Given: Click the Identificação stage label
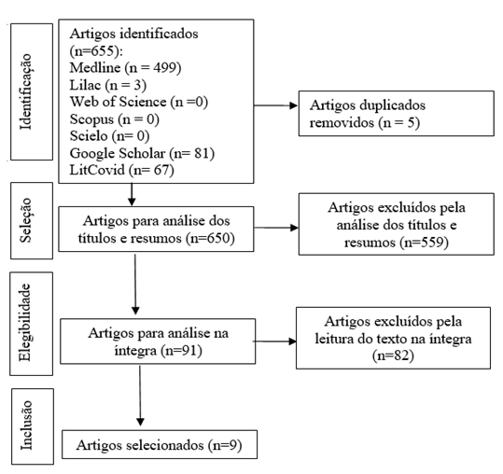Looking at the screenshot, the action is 26,91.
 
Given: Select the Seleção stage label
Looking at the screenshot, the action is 26,220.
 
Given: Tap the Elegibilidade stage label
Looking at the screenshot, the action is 25,323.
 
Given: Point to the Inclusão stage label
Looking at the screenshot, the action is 26,425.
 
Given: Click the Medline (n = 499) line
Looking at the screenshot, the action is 125,68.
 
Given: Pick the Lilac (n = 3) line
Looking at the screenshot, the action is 108,85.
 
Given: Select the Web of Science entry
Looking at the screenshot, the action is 139,102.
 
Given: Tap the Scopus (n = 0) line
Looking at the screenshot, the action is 115,119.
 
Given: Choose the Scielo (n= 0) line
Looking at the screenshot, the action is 110,136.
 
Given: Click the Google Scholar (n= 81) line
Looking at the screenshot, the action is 142,153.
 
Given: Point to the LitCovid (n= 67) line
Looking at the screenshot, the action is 122,170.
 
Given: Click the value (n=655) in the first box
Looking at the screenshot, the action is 96,50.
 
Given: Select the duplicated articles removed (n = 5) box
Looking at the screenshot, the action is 397,114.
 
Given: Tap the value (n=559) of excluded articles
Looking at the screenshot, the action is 424,242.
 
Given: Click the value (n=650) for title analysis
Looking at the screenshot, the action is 210,238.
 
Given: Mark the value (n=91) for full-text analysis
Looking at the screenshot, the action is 181,350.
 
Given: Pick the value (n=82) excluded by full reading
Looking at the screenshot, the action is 393,355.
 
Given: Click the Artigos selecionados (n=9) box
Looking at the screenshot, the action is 160,444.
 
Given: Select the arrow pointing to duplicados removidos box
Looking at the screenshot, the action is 275,105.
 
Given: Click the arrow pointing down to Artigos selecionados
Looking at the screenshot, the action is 140,396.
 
